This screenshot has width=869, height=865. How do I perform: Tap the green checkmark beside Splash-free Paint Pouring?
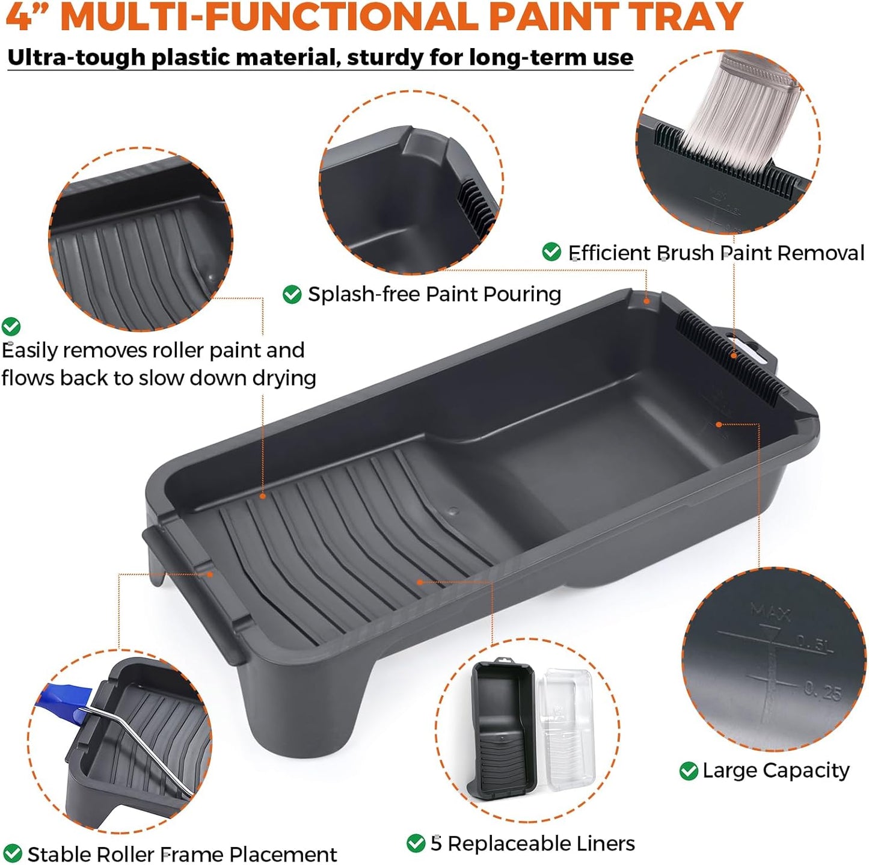pos(292,294)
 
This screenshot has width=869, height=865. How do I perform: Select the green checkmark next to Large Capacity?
pos(688,771)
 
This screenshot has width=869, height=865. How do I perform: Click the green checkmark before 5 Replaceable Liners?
pos(416,843)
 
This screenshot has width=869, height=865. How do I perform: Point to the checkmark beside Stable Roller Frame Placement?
pos(12,854)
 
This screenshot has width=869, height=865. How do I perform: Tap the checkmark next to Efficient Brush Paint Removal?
pos(551,252)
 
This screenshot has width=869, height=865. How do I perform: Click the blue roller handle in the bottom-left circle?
pos(60,701)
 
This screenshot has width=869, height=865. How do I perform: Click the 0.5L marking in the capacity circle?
pos(815,644)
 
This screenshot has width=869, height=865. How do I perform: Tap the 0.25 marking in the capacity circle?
pos(823,691)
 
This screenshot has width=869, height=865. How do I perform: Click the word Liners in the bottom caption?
pos(605,843)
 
